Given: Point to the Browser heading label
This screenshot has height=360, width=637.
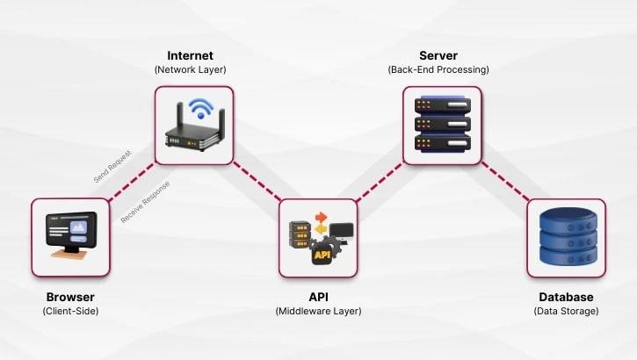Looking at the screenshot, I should (70, 297).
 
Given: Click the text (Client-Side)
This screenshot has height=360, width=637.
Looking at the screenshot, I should (70, 311).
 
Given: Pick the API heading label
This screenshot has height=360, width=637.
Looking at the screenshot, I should (318, 297).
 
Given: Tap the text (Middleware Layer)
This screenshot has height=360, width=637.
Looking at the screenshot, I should (318, 311).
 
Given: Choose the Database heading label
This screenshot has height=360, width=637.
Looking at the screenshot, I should (566, 297).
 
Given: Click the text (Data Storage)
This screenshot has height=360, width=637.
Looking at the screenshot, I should (566, 311).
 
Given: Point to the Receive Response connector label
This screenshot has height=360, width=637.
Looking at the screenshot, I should (145, 201).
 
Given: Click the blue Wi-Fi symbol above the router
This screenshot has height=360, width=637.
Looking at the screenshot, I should (202, 109).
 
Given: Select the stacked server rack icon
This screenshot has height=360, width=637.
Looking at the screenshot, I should (442, 125).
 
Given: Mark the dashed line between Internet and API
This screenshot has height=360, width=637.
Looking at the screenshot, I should (257, 183).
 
